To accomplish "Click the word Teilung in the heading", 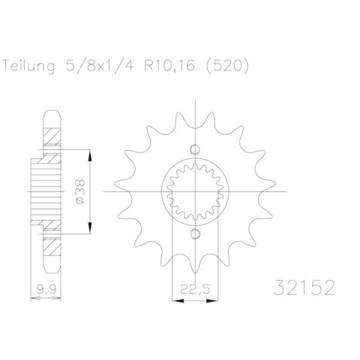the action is tap(29, 66).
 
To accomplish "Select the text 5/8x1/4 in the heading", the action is tap(99, 65).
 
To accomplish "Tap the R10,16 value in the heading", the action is tap(169, 65).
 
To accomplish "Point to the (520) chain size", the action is tap(227, 66).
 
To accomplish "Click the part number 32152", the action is tap(304, 287).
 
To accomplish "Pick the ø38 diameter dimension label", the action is tap(80, 192).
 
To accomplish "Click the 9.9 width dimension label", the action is tap(46, 289).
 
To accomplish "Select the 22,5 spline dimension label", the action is tap(195, 290).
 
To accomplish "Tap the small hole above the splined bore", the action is tap(195, 149).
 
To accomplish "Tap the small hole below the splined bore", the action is tap(195, 234).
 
